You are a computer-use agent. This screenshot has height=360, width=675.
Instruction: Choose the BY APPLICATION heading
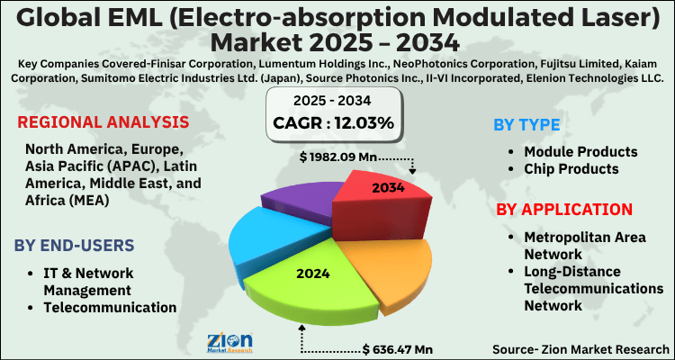(x=564, y=210)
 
